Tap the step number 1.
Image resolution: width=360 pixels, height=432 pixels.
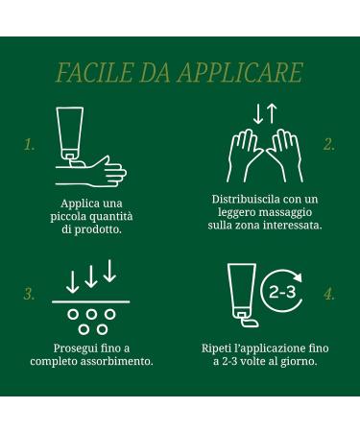[x=30, y=146]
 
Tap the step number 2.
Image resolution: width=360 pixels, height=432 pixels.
[x=329, y=146]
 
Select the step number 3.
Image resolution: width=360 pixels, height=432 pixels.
[x=30, y=295]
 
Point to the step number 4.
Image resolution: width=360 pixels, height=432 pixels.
[x=329, y=295]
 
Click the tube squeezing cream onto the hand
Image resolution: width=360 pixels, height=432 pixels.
[x=69, y=132]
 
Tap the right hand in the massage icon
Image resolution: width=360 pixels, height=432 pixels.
[x=283, y=156]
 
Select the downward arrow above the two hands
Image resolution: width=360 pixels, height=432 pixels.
[x=257, y=113]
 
